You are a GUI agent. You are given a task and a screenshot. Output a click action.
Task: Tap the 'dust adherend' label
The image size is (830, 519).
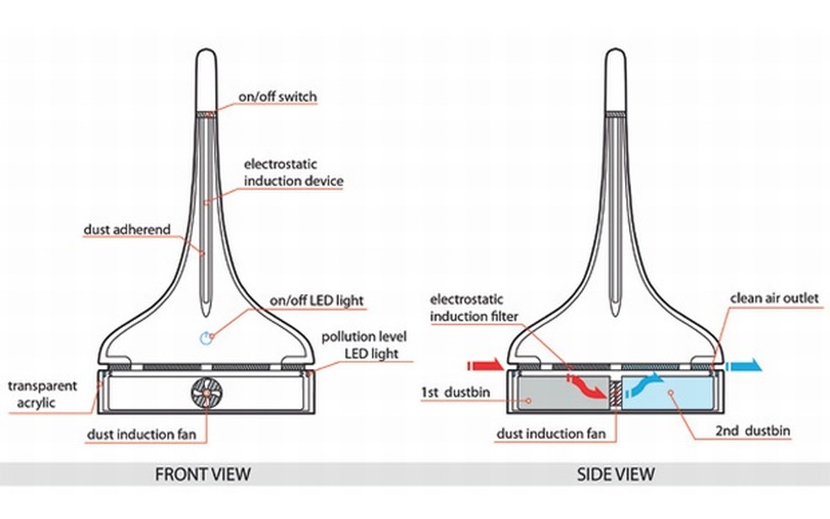pos(127,229)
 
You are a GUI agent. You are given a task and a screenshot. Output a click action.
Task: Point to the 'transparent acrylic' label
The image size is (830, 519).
pos(42,394)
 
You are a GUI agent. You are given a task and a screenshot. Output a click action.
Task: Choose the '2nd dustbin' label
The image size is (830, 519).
pos(752,431)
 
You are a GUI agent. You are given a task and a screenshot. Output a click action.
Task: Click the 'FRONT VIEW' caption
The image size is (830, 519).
pos(202,474)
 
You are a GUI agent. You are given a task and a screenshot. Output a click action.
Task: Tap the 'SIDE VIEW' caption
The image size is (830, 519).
pos(615,474)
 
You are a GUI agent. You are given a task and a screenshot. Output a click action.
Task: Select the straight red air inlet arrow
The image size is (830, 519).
pos(485,367)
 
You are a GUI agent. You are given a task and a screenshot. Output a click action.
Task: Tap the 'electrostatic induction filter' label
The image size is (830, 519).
pos(474,308)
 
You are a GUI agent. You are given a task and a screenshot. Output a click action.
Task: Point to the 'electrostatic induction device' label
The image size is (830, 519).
pos(294,172)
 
